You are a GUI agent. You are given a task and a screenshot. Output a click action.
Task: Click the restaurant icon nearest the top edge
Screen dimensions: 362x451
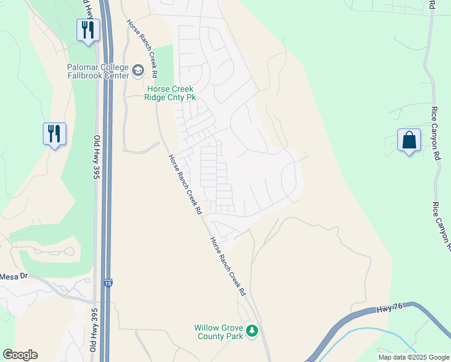88,30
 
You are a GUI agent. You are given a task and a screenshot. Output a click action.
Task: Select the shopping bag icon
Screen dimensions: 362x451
409,141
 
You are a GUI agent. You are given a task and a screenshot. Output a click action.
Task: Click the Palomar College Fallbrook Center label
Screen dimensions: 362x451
98,71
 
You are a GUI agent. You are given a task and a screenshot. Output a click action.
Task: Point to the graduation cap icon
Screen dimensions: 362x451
138,72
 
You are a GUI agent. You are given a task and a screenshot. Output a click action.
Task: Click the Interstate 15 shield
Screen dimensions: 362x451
107,283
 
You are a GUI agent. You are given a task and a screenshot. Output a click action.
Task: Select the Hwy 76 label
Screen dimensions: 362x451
389,309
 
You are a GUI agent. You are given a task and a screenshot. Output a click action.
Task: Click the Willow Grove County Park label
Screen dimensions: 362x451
218,332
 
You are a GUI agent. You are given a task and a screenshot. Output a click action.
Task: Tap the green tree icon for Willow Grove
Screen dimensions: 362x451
253,331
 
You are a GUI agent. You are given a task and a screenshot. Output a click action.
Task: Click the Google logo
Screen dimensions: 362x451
20,355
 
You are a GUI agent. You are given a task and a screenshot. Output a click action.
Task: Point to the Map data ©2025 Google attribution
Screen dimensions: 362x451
414,357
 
